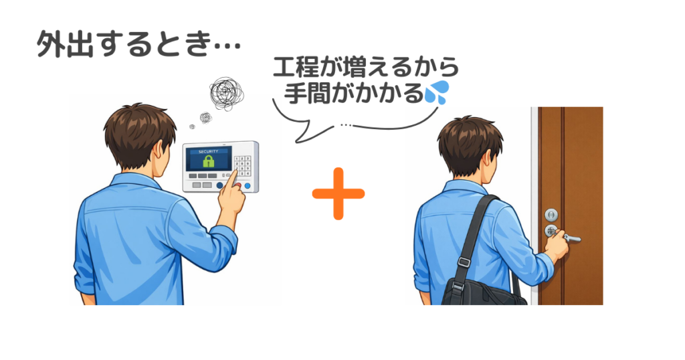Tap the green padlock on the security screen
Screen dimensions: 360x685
coord(208,162)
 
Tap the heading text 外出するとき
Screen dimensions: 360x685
coord(137,45)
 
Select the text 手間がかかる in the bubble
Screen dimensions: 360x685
coord(353,92)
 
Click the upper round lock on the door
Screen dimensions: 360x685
coord(551,214)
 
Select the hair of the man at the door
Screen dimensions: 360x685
coord(468,137)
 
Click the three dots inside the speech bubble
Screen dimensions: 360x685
coord(345,124)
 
